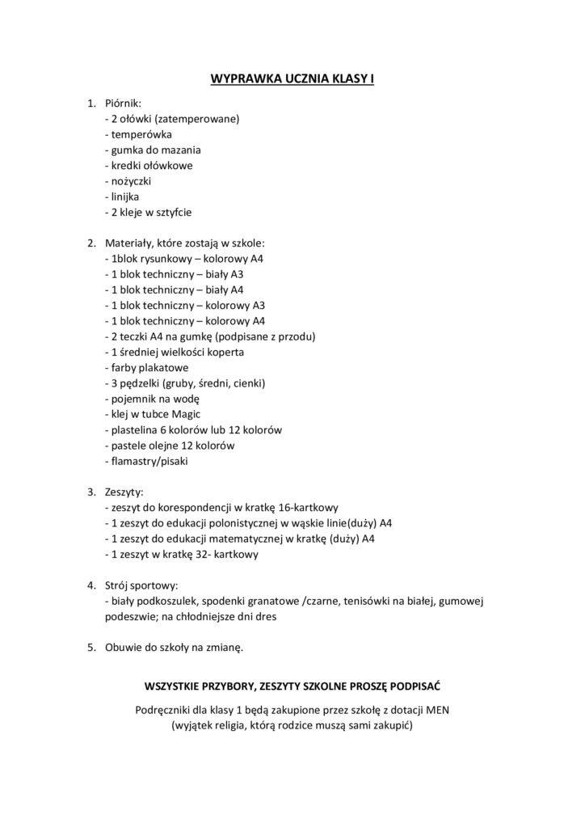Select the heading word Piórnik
pos(124,103)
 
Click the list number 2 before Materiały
pos(90,243)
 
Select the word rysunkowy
pos(164,259)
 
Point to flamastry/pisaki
pos(149,462)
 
